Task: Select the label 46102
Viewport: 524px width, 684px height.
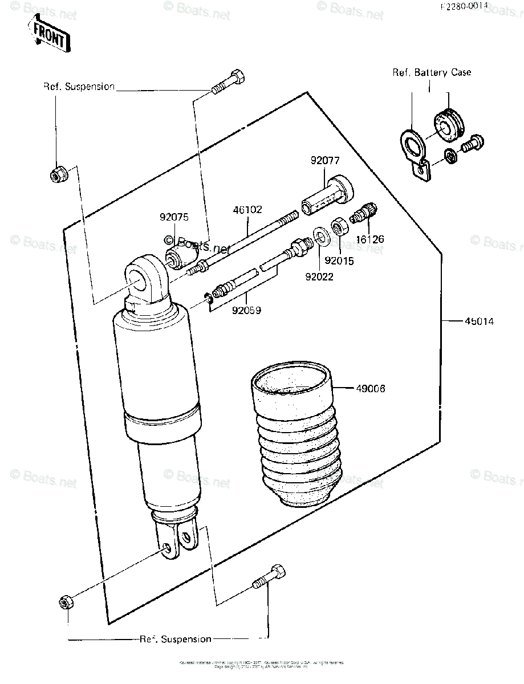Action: pyautogui.click(x=247, y=210)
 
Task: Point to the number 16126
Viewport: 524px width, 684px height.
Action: pyautogui.click(x=369, y=239)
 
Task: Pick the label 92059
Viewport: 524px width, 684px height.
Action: pyautogui.click(x=246, y=311)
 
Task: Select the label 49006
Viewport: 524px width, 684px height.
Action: pyautogui.click(x=370, y=389)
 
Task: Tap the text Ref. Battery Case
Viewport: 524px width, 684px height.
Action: pyautogui.click(x=431, y=72)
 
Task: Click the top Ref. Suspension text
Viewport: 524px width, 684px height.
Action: pyautogui.click(x=79, y=87)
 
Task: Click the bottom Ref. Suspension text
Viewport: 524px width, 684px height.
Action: pyautogui.click(x=176, y=639)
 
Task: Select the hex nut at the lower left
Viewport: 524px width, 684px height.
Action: pyautogui.click(x=65, y=602)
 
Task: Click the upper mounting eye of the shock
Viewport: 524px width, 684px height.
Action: pyautogui.click(x=144, y=278)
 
